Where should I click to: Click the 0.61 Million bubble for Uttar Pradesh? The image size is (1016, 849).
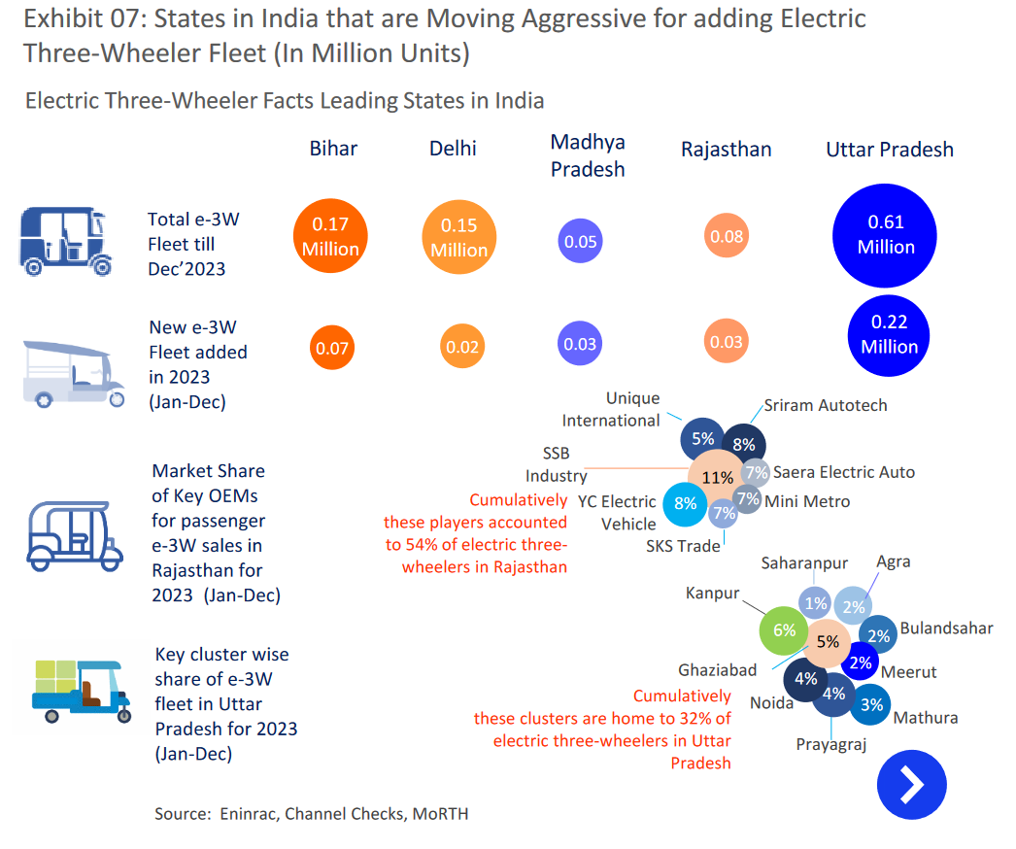pos(886,236)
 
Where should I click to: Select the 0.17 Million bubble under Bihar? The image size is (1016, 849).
pos(331,236)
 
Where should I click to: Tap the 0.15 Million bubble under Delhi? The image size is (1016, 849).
pos(458,238)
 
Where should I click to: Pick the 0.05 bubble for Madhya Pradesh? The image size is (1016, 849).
pos(581,242)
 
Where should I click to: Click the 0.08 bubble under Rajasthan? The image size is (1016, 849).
pos(727,237)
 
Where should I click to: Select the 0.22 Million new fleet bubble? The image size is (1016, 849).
pos(889,334)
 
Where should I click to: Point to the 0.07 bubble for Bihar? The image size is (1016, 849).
pos(333,348)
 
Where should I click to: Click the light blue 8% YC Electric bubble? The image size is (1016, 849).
pos(686,503)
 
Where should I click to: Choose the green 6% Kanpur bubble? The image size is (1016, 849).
pos(784,629)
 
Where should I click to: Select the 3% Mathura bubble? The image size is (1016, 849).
pos(872,705)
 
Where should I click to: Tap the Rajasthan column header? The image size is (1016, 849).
pos(726,150)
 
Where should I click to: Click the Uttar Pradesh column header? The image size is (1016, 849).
pos(890,150)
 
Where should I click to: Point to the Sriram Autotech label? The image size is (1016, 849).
pos(826,405)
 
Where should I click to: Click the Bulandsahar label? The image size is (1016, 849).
pos(946,628)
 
